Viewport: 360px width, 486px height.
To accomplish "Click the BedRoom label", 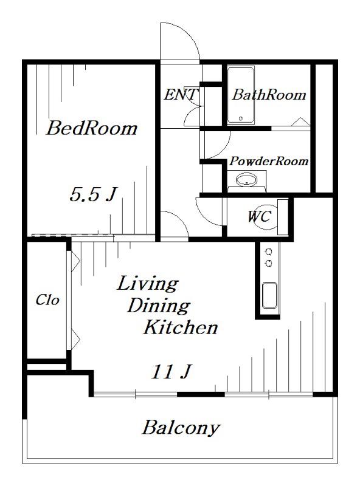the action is [92, 128].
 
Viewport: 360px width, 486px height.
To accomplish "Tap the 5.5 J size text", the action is [93, 194].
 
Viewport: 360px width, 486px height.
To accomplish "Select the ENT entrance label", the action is [181, 95].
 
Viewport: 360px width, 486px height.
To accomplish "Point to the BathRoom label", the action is [269, 95].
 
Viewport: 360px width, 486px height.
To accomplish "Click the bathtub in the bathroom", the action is [241, 95].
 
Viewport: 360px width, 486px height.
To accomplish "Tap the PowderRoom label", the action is [269, 161].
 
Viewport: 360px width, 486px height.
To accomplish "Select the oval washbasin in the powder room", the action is [247, 180].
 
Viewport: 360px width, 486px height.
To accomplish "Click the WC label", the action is [260, 216].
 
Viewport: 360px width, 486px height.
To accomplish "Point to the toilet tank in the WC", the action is [282, 217].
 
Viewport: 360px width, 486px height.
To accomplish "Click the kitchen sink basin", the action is [269, 295].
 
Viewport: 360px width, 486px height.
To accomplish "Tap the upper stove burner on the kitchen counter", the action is [269, 251].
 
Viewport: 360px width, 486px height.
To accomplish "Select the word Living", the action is [148, 284].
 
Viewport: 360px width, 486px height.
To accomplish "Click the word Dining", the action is [159, 306].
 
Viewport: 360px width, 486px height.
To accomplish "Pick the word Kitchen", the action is [181, 327].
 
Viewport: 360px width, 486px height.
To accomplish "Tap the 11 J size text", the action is [171, 371].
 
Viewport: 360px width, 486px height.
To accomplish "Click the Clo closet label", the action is [47, 300].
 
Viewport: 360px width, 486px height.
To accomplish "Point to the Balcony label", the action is [181, 428].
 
